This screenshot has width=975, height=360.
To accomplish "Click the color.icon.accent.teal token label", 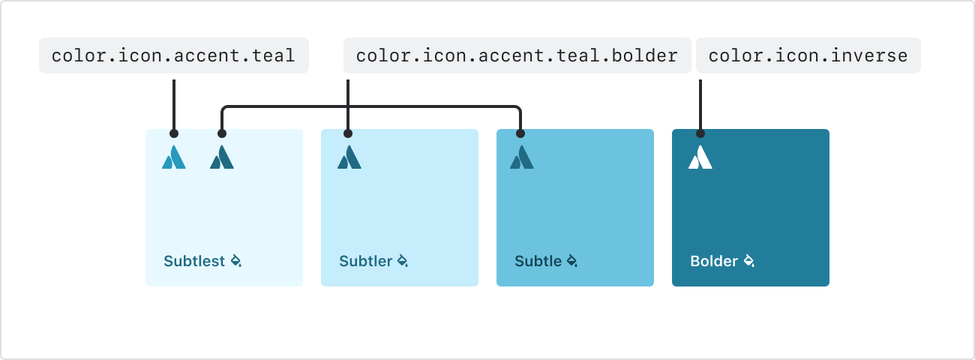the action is coord(174,55).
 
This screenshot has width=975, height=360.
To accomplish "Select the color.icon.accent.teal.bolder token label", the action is coord(517,55).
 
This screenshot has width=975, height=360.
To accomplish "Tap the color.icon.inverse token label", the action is coord(808,55).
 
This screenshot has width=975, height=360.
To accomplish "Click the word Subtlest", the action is coord(194,261).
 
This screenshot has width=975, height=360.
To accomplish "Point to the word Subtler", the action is coord(366,261).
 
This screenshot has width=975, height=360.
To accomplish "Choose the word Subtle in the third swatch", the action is coord(538,261).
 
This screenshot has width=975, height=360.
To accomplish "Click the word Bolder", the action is coord(714,261).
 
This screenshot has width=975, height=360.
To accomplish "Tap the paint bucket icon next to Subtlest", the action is coord(236,261).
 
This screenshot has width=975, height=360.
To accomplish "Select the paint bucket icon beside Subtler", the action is coord(403,261).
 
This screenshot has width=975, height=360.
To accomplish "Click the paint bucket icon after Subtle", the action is coord(572,261).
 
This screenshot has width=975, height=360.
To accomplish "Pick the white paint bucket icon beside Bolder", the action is coord(749,261).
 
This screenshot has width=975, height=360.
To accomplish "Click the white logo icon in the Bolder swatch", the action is coord(700,157).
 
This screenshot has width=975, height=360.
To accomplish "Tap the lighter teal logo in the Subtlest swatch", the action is coord(174,157).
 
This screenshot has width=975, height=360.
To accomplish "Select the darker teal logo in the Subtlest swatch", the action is coord(222,157).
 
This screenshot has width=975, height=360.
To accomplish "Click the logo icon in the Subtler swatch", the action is coord(349,157).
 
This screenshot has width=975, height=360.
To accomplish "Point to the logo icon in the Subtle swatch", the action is coord(522,157).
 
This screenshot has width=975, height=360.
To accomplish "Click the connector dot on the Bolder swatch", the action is coord(700,133).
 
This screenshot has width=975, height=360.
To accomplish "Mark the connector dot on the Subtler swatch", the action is coord(348,133).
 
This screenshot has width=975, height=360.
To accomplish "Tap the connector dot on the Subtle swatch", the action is coord(520,133).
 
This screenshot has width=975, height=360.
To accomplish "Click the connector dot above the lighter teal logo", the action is coord(174,133).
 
